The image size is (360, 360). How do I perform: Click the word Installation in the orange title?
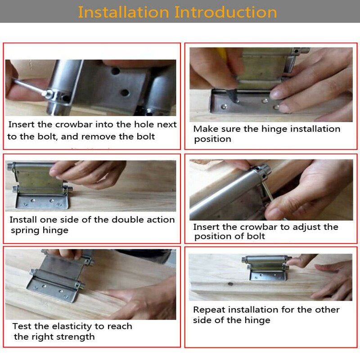124,12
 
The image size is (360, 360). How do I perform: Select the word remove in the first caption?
110,136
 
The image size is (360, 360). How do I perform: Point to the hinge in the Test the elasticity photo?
56,277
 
